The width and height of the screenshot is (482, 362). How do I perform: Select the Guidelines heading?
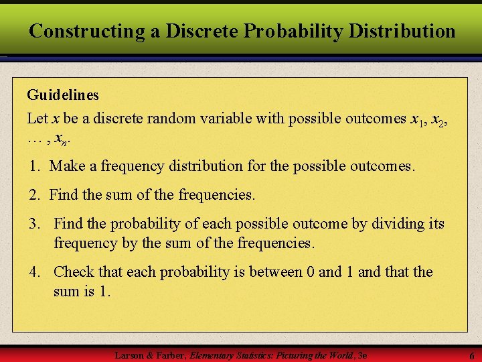pyautogui.click(x=63, y=95)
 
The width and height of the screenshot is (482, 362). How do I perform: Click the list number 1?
pyautogui.click(x=33, y=166)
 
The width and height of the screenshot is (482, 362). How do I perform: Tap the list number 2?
pyautogui.click(x=33, y=195)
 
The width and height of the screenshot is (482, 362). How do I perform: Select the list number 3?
pyautogui.click(x=33, y=224)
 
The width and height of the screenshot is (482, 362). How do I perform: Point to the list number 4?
pyautogui.click(x=33, y=272)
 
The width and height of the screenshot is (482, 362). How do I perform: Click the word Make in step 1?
pyautogui.click(x=67, y=166)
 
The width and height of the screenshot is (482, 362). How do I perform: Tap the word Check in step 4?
pyautogui.click(x=74, y=272)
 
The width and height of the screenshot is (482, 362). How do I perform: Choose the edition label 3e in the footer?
pyautogui.click(x=363, y=354)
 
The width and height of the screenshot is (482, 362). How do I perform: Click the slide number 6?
pyautogui.click(x=471, y=355)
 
